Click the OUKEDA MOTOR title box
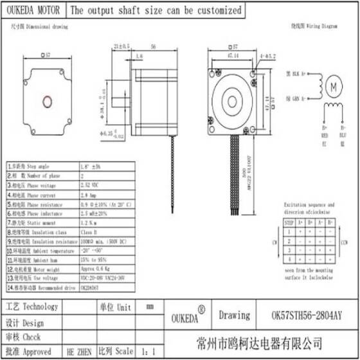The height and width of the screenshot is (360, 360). [x=33, y=10]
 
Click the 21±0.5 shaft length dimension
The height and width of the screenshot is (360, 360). [x=120, y=46]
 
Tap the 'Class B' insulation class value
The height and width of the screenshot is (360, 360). [x=89, y=231]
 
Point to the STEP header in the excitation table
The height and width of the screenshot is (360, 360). [x=289, y=222]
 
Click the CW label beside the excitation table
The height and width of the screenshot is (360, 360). [x=274, y=243]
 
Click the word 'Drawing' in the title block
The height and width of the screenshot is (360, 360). [x=234, y=315]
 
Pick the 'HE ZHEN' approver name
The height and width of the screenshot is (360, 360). [x=78, y=352]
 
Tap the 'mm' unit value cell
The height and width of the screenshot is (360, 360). [x=149, y=307]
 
